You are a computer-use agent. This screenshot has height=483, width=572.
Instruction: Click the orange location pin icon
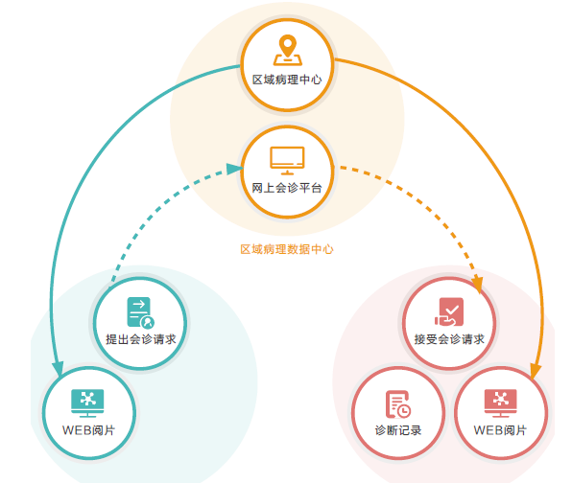tap(288, 50)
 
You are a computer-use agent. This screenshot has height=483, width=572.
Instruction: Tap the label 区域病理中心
tap(287, 80)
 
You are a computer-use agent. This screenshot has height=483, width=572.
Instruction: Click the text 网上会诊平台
tap(287, 188)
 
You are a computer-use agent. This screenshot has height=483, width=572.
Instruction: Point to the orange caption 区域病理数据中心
tap(287, 249)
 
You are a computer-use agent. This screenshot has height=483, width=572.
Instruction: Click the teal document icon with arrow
tap(140, 312)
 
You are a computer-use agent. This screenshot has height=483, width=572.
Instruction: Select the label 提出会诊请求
tap(141, 339)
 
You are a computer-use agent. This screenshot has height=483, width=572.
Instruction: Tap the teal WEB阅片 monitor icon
tap(87, 403)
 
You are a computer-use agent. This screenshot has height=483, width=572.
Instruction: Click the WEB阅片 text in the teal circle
tap(88, 430)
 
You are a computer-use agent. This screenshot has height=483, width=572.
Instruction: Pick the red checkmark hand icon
tap(449, 312)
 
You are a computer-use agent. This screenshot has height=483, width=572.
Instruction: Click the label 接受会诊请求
tap(449, 339)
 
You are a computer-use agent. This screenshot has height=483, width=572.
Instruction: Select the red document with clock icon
tap(398, 404)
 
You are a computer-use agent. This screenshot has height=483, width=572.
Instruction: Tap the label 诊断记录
tap(398, 430)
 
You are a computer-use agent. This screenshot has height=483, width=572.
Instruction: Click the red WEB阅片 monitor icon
tap(501, 403)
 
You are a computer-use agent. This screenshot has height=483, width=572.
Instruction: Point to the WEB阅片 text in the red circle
tap(500, 430)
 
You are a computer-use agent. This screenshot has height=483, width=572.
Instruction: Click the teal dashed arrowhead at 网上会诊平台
tap(235, 169)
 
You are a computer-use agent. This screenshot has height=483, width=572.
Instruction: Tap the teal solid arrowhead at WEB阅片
tap(58, 368)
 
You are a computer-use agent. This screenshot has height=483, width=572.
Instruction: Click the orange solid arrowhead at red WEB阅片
tap(536, 371)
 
